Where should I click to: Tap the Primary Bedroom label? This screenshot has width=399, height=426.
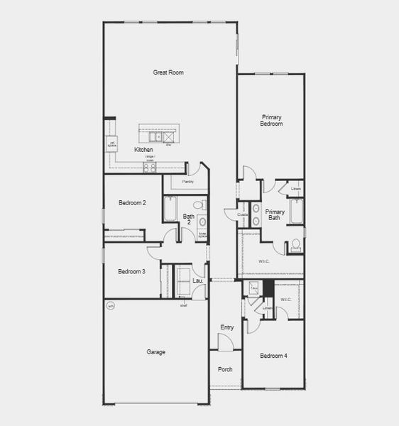pos(272,120)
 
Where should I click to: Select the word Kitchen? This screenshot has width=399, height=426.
pos(144,150)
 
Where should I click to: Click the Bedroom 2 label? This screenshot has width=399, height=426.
pos(132,203)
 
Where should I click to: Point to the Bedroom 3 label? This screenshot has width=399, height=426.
pos(132,271)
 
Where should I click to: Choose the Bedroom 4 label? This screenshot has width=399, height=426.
pos(273,356)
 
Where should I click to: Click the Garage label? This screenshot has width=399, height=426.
pos(156,352)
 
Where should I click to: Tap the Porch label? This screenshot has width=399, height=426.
pos(225,369)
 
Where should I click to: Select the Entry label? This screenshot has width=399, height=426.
pos(226,327)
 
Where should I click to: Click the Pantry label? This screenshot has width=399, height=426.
pos(188,182)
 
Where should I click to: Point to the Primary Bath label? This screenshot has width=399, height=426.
pos(275,214)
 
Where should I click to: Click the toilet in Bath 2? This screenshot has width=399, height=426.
pos(199,205)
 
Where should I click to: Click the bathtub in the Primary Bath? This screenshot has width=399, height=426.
pos(296,212)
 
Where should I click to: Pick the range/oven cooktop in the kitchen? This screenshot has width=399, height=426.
pos(150,168)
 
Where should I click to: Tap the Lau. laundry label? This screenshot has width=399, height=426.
pos(198,281)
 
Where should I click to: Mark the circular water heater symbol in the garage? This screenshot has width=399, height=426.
pos(110,307)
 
